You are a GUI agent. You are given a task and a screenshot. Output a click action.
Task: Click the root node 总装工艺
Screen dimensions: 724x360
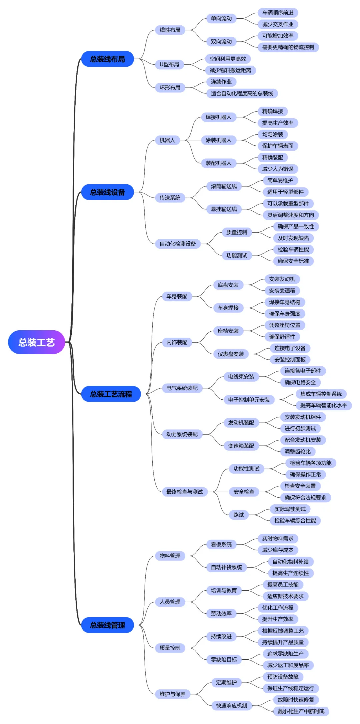(x=36, y=342)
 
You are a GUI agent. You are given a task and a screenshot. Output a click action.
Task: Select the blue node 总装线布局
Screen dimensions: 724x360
(x=107, y=59)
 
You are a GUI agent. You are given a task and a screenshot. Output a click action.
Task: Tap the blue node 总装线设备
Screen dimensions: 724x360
(x=107, y=192)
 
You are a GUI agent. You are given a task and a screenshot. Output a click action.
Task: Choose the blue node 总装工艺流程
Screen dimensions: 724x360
(x=111, y=394)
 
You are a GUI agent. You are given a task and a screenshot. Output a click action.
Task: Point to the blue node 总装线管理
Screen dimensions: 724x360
(x=107, y=625)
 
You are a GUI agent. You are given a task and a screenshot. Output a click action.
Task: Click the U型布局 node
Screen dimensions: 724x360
(x=169, y=64)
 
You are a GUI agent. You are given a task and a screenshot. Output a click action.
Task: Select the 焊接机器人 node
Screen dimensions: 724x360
(x=218, y=117)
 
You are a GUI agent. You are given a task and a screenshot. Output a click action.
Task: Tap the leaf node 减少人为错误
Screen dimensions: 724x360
(x=278, y=169)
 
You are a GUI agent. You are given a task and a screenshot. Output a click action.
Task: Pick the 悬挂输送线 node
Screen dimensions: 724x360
(x=224, y=209)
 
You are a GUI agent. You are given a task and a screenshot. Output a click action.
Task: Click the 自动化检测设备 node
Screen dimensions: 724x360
(x=178, y=244)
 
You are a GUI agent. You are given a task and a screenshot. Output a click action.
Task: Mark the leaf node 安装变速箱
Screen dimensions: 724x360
(x=282, y=290)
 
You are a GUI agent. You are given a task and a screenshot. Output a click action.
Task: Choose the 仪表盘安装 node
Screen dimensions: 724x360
(x=231, y=354)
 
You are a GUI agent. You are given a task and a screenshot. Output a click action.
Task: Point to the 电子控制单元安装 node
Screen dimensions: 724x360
(x=249, y=400)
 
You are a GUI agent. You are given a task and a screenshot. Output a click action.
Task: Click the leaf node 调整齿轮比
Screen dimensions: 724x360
(x=298, y=451)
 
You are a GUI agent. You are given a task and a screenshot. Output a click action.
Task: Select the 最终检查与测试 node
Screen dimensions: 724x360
(x=184, y=492)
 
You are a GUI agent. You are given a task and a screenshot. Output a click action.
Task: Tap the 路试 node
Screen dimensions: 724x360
(x=239, y=515)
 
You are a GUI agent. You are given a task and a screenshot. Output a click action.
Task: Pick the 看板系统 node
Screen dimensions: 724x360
(x=221, y=544)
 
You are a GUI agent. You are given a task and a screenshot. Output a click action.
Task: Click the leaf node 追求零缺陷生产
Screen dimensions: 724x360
(x=285, y=653)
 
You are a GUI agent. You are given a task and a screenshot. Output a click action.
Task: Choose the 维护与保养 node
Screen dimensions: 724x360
(x=172, y=694)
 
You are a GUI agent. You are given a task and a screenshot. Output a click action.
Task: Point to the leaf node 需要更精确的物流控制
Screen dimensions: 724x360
(x=288, y=47)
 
